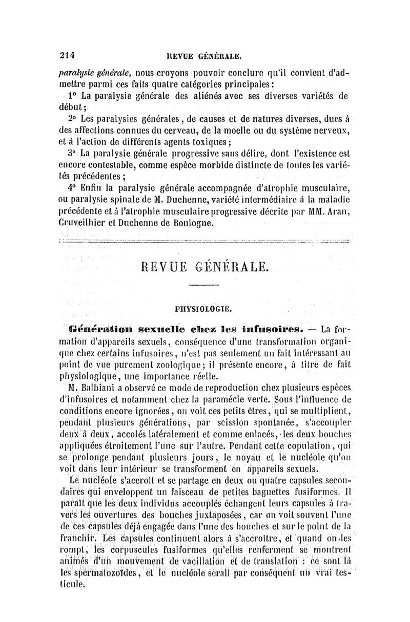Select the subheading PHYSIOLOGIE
204,309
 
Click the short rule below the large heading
204,285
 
